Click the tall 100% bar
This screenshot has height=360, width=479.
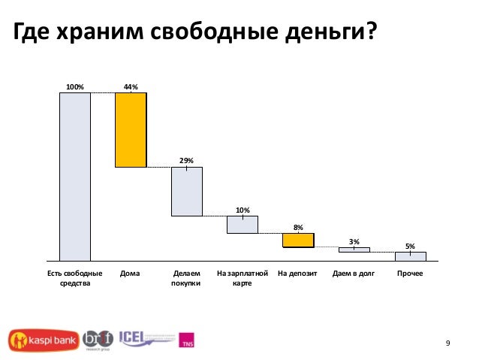click(75, 177)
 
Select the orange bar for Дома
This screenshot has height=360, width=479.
click(131, 129)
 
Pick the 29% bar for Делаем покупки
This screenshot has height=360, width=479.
click(186, 192)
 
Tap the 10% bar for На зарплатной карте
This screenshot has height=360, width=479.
click(243, 225)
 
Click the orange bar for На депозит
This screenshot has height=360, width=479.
click(298, 241)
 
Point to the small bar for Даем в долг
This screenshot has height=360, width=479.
click(354, 250)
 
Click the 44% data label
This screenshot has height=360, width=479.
click(131, 87)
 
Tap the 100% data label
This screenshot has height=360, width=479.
click(75, 87)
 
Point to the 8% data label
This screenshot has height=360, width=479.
click(298, 227)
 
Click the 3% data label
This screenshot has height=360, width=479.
click(354, 241)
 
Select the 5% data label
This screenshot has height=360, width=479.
click(410, 246)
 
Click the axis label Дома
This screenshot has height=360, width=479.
click(130, 274)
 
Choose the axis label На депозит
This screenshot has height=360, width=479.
click(298, 274)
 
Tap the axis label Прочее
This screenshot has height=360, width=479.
click(410, 274)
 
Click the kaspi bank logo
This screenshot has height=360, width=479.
click(41, 340)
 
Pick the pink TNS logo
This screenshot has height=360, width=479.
click(187, 340)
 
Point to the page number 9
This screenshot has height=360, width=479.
click(447, 344)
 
